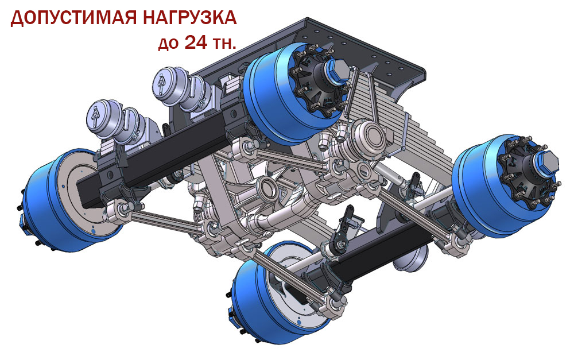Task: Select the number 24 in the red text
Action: pyautogui.click(x=196, y=42)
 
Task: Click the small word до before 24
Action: pyautogui.click(x=168, y=44)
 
